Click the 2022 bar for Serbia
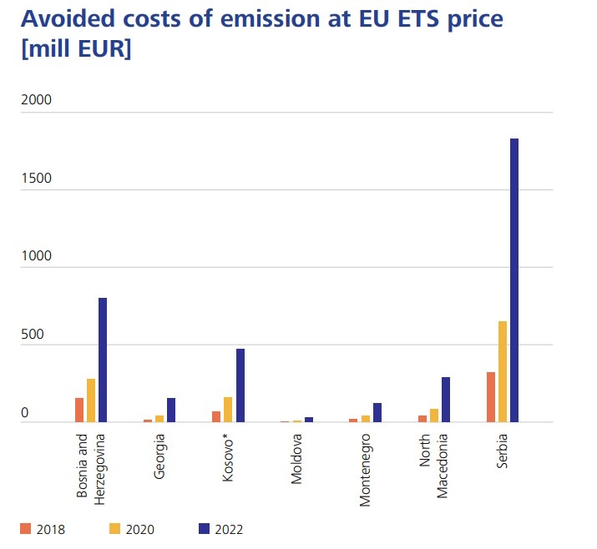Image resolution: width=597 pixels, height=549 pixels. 514,280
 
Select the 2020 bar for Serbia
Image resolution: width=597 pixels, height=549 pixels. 503,371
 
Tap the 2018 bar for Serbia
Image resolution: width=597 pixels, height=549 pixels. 491,397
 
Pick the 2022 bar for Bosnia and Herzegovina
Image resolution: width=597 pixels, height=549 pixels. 103,360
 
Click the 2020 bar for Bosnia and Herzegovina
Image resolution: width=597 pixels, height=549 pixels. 91,400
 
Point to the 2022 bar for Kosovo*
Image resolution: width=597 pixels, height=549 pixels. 240,385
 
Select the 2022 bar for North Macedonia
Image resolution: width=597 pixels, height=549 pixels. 446,400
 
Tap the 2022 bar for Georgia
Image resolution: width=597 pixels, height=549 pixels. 171,410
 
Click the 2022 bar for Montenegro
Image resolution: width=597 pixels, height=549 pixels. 377,412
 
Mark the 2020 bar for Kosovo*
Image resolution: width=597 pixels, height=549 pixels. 228,410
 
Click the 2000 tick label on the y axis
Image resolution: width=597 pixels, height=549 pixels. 36,100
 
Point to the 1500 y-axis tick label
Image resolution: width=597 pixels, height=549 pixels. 36,179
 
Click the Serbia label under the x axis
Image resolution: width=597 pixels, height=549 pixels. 503,451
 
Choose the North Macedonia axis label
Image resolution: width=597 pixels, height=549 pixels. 434,465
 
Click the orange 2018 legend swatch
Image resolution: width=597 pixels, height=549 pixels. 26,528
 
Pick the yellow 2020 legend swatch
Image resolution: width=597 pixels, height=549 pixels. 115,528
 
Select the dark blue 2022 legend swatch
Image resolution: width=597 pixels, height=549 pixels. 204,528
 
